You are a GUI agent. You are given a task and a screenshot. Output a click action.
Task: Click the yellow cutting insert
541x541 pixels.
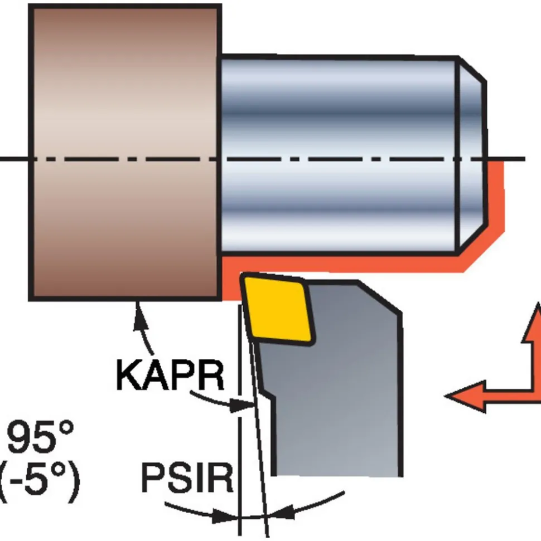point(278,309)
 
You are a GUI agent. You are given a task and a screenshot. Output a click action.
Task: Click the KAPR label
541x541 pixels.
point(171,375)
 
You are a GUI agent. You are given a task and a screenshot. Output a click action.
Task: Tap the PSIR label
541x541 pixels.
point(187,478)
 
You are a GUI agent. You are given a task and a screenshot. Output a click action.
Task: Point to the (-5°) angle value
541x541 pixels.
point(38,479)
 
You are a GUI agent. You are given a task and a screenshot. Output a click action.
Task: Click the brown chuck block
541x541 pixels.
point(125,153)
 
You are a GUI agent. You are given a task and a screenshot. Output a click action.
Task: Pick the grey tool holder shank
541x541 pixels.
point(332,379)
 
